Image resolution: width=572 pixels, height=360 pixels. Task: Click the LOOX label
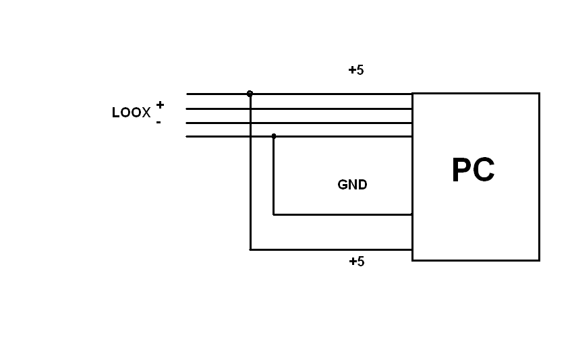131,113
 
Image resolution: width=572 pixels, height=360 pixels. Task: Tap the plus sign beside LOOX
160,104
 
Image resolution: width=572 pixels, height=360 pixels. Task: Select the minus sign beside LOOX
159,122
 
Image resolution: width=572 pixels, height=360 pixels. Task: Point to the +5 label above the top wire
355,70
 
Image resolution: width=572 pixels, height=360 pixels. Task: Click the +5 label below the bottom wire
356,262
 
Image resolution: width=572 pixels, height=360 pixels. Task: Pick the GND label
352,185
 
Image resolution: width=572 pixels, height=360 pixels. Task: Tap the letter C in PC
484,171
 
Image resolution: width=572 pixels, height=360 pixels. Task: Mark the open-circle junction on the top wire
250,94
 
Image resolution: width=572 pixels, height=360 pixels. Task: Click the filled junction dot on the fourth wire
273,136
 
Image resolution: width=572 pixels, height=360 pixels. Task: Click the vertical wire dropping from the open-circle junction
250,175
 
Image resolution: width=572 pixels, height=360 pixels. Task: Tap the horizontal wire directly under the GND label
344,214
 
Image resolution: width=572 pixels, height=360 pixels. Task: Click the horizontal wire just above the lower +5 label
331,249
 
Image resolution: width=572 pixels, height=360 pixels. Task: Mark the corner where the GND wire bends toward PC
273,214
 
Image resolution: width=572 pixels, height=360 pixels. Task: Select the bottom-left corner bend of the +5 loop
250,249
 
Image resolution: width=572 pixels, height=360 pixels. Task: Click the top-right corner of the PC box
539,94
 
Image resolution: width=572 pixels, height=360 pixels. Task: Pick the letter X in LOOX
146,113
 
